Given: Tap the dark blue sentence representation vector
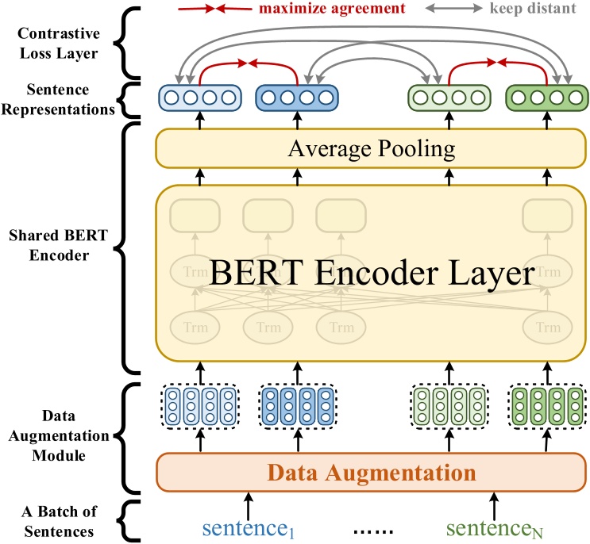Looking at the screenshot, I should (x=292, y=98).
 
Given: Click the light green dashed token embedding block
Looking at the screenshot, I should (x=449, y=408).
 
